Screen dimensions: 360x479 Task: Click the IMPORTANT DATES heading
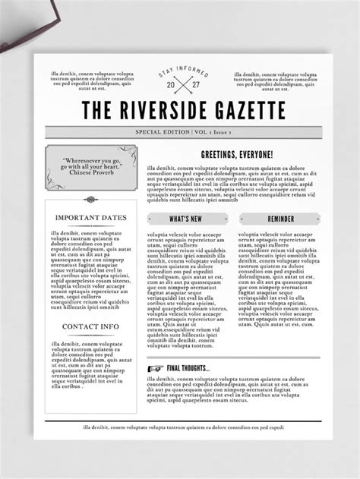(x=90, y=218)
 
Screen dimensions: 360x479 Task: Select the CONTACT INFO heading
(x=90, y=327)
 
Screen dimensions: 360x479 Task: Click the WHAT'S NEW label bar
(x=185, y=219)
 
